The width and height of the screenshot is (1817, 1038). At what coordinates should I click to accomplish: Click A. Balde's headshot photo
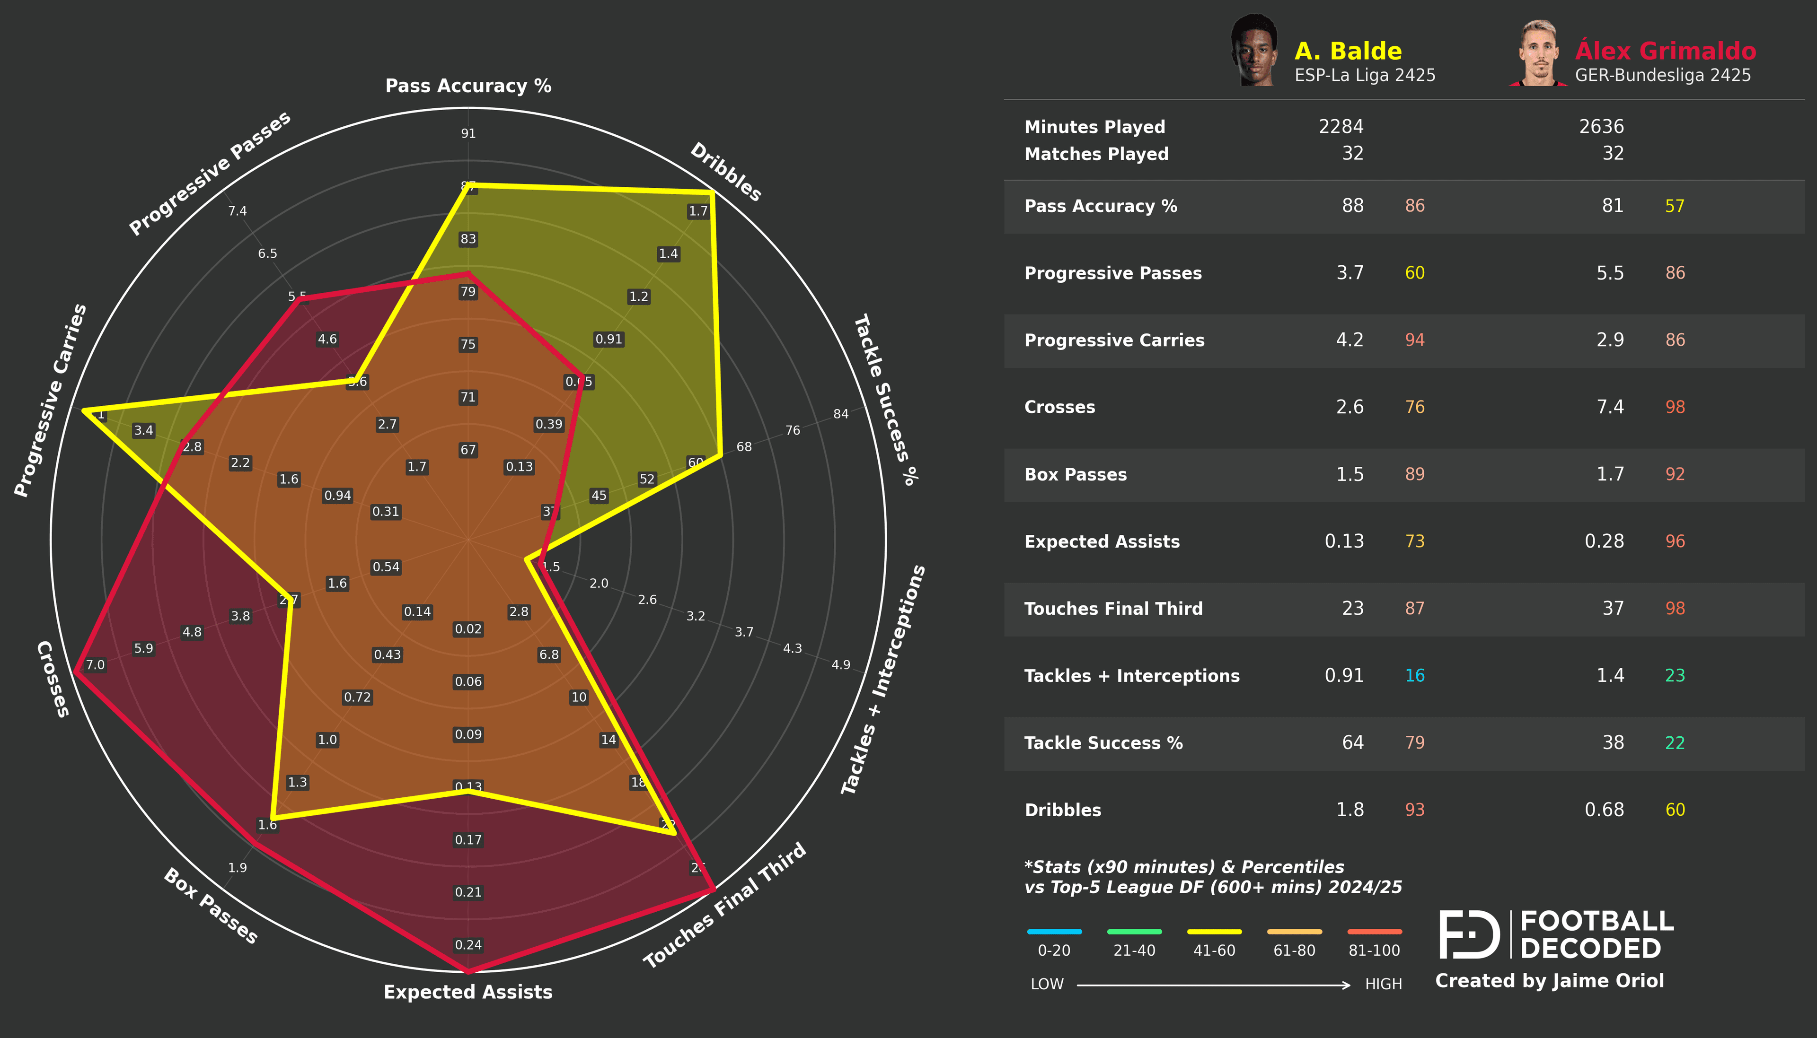1253,52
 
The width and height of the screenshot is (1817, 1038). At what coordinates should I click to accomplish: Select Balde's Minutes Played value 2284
1340,127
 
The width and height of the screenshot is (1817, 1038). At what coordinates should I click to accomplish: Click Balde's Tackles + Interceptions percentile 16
1414,676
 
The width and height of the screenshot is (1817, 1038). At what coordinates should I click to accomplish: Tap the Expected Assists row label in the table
1101,542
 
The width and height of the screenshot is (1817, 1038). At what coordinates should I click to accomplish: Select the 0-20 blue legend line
1054,932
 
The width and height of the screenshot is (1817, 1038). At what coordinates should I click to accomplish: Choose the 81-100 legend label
1374,951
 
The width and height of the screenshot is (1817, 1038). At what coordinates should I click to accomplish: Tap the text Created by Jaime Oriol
1549,981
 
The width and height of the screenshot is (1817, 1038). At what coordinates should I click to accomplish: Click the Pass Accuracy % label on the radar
468,86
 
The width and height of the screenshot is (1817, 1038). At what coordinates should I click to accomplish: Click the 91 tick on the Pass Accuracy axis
468,133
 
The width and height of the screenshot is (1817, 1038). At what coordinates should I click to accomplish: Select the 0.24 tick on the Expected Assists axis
468,945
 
